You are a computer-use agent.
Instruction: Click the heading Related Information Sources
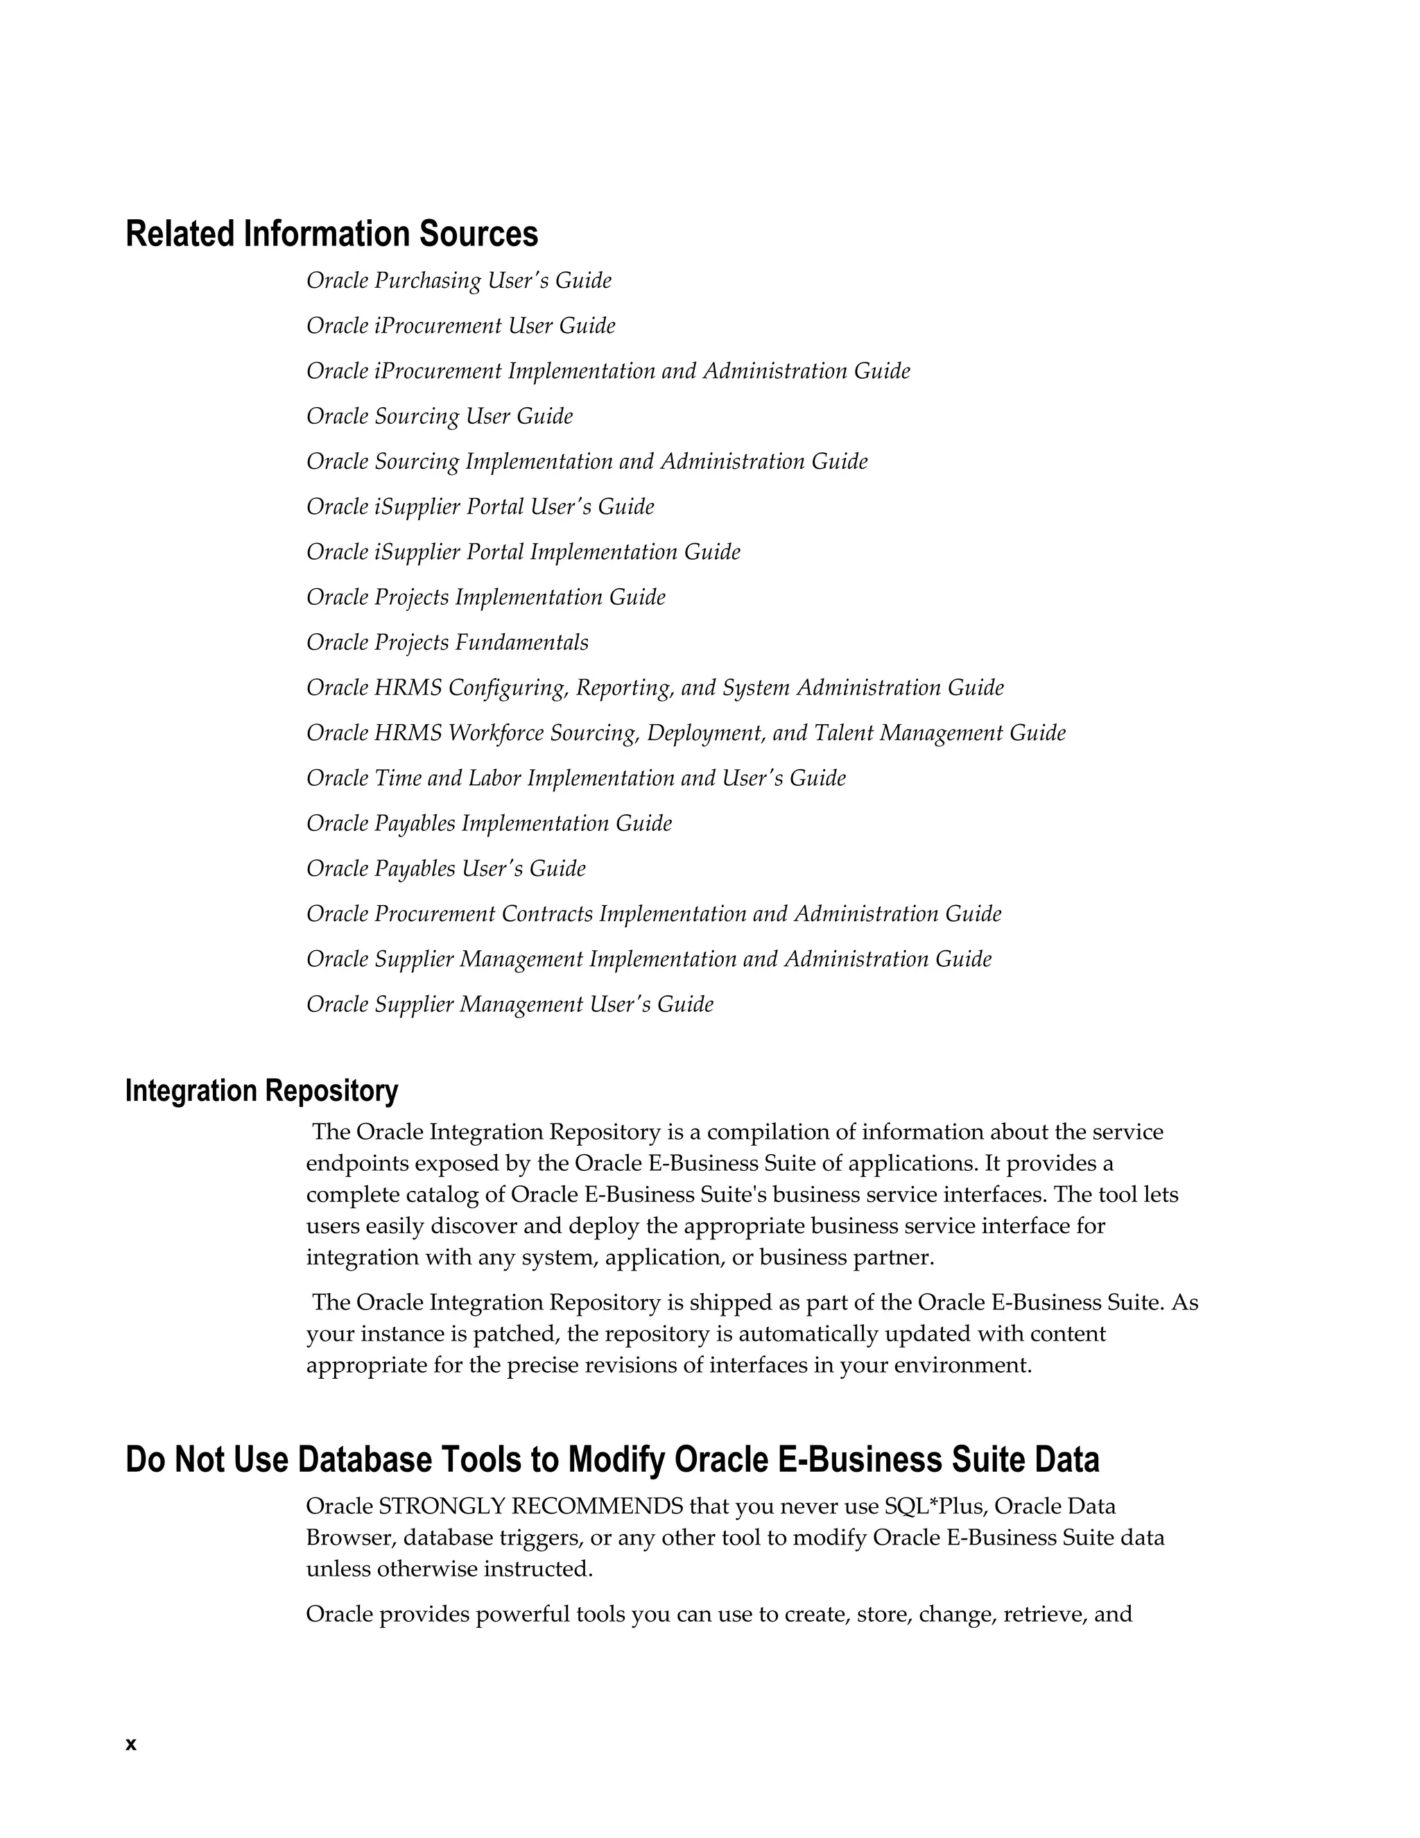tap(331, 234)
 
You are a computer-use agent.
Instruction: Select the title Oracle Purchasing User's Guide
tap(458, 280)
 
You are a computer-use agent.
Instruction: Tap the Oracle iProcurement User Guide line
tap(460, 326)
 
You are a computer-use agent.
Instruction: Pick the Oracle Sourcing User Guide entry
tap(439, 417)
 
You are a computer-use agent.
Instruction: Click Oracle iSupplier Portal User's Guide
tap(480, 506)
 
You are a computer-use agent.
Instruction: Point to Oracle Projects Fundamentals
tap(447, 643)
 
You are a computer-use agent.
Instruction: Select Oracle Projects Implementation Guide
tap(485, 597)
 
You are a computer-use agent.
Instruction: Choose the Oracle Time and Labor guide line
tap(575, 778)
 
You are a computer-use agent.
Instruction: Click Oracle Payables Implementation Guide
tap(489, 824)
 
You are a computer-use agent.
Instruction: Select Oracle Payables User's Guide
tap(446, 869)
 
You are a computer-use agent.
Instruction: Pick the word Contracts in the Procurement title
tap(547, 915)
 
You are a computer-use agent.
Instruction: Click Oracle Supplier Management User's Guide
tap(510, 1005)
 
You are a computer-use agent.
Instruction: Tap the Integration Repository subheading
tap(261, 1091)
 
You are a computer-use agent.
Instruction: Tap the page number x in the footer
tap(130, 1744)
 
